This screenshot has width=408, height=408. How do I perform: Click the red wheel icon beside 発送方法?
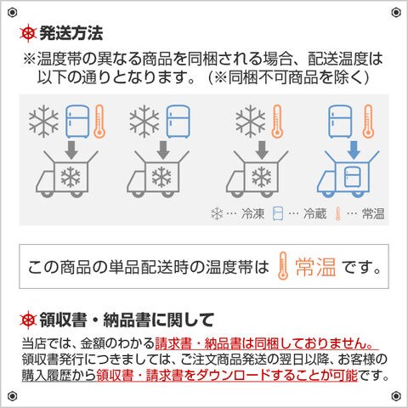coord(28,33)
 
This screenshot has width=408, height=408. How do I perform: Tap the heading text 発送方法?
coord(71,33)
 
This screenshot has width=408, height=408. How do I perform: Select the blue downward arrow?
coord(354,150)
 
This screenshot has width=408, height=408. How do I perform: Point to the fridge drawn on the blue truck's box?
coord(353,177)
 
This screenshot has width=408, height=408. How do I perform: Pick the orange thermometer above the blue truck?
coord(368,122)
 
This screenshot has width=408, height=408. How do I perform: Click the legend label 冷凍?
coord(252,213)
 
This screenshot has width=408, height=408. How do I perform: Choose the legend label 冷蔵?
coord(314,213)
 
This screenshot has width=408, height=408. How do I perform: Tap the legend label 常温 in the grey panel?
coord(373,213)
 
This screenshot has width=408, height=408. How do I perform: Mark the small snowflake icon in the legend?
coord(217,213)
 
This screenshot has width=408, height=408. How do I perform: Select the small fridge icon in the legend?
coord(278,213)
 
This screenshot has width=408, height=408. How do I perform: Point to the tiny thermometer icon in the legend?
coord(337,213)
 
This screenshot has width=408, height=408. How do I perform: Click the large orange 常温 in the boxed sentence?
coord(315,267)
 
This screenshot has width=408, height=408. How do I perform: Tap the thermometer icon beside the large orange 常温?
coord(283,266)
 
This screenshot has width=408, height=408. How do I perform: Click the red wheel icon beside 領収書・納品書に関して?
coord(28,320)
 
